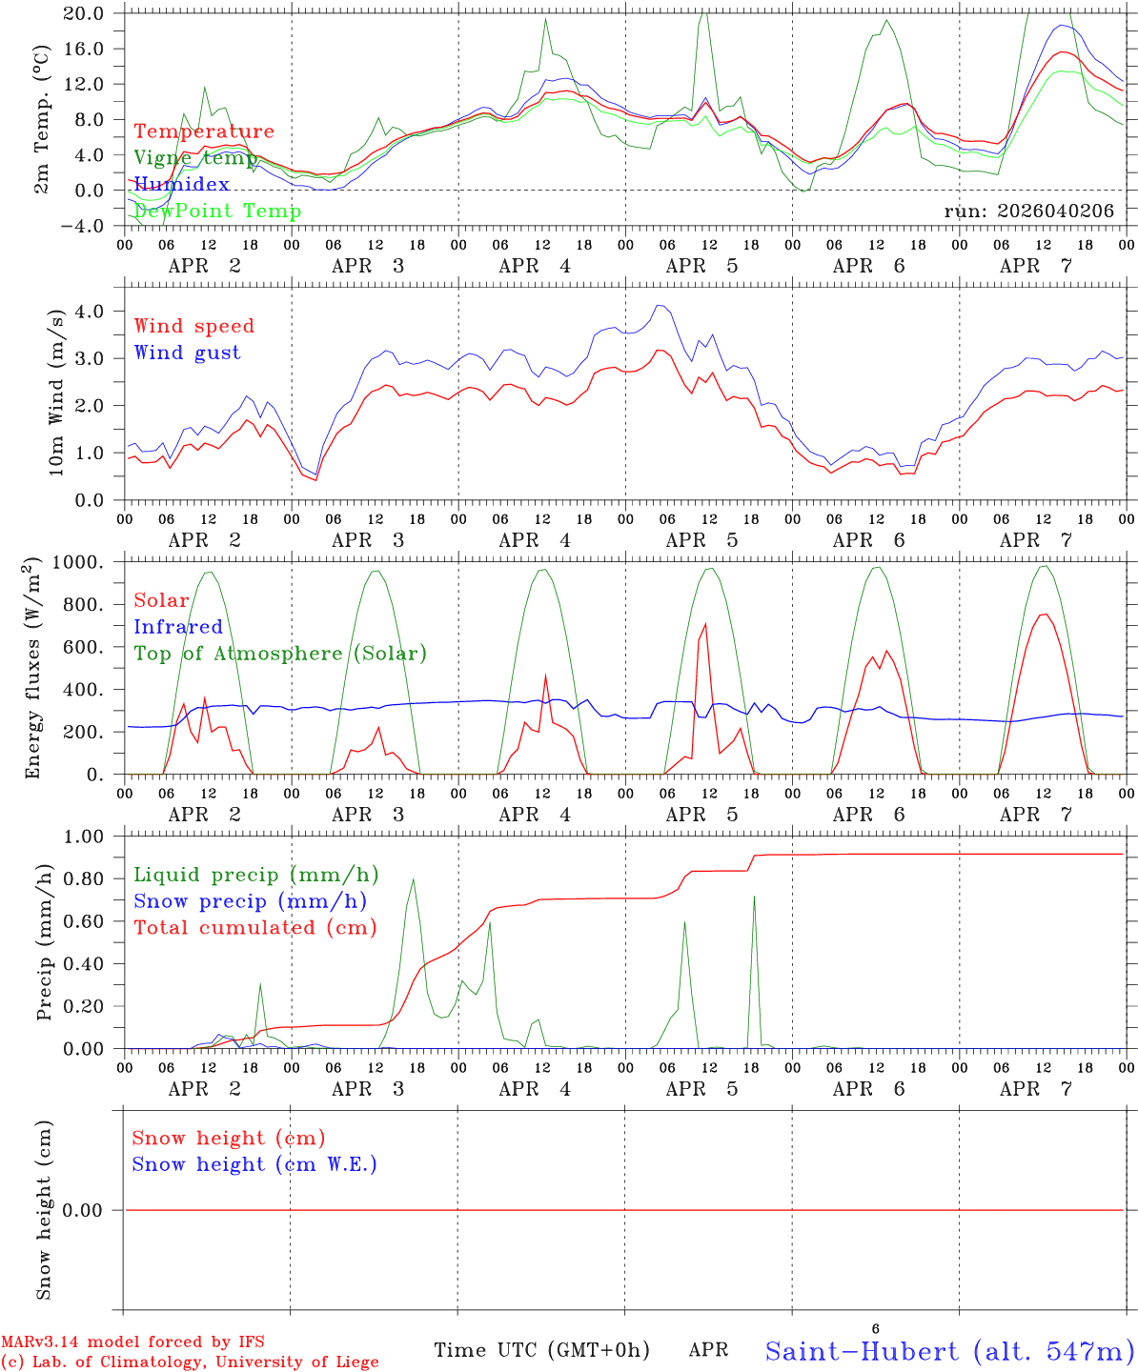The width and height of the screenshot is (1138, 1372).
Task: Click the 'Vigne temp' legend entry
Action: (x=195, y=158)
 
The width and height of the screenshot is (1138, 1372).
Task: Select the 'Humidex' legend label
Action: (x=181, y=184)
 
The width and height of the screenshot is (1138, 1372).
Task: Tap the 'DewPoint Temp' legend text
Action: (x=217, y=211)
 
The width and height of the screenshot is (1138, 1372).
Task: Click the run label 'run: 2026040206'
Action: (x=1028, y=211)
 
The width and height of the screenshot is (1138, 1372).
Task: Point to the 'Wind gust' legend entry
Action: (x=187, y=353)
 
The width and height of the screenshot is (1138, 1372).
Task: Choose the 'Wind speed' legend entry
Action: (x=193, y=326)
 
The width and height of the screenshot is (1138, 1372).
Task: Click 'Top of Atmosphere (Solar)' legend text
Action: (x=280, y=654)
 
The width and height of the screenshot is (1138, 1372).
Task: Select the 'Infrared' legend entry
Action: (x=177, y=627)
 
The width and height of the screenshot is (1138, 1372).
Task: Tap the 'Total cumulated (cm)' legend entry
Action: (x=254, y=928)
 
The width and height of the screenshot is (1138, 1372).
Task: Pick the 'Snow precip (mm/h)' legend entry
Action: (x=250, y=901)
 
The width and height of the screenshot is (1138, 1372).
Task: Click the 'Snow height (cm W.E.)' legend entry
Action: (x=254, y=1164)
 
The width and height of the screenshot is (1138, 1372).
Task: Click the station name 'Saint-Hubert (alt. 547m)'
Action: (x=949, y=1351)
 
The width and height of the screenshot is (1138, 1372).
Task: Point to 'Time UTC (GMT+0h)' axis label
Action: (x=541, y=1350)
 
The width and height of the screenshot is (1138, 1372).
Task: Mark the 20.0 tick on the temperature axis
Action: (x=85, y=13)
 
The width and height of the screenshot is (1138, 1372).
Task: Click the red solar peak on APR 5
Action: (x=705, y=624)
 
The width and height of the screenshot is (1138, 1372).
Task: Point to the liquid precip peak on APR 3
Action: (x=413, y=879)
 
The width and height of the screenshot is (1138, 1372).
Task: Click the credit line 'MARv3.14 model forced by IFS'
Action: (x=132, y=1342)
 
